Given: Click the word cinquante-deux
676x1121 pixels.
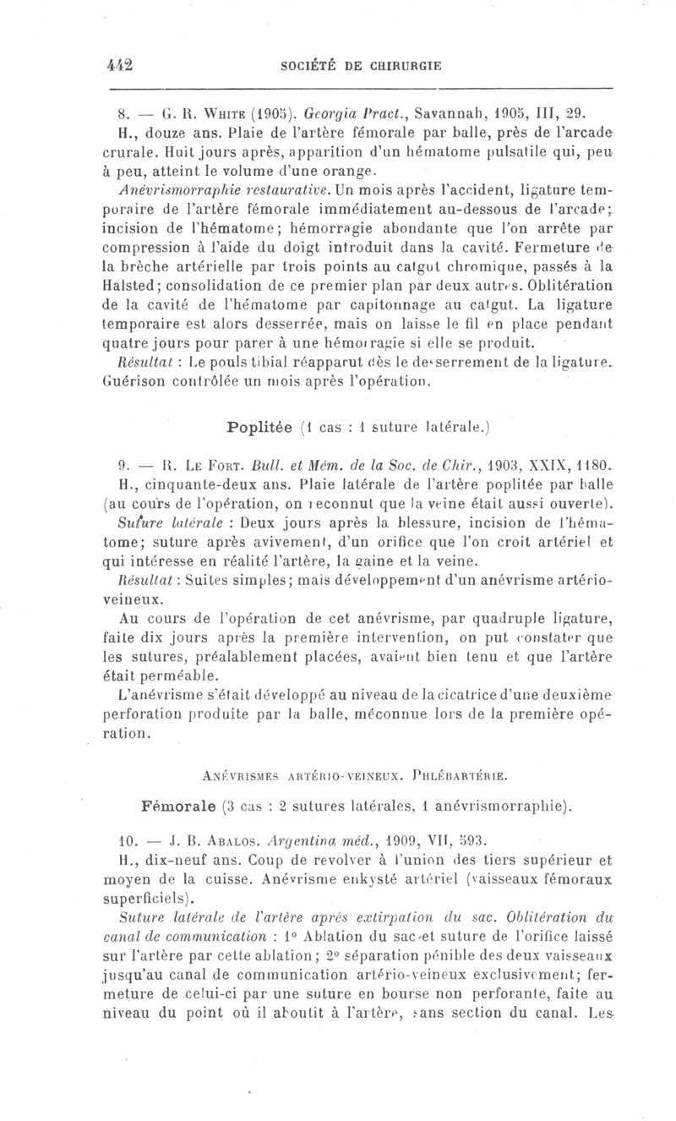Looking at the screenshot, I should point(192,483).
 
